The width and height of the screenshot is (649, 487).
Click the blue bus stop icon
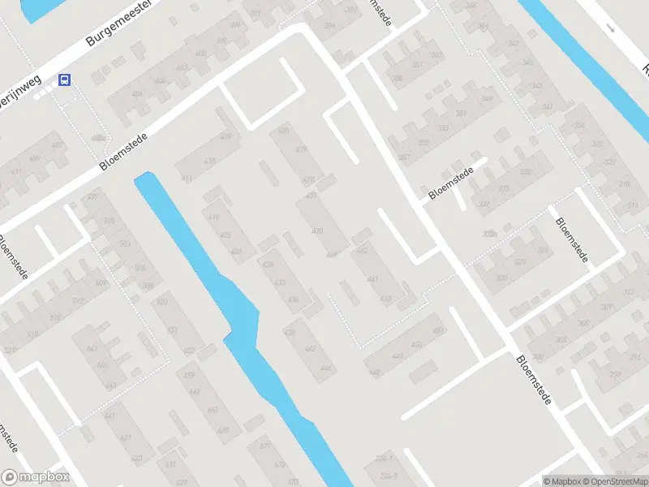(65, 80)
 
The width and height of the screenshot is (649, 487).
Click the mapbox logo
(35, 477)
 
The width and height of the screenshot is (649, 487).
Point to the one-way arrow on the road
(612, 28)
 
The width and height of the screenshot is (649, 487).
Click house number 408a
(98, 138)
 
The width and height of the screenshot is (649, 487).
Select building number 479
(302, 149)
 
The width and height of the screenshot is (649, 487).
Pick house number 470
(316, 231)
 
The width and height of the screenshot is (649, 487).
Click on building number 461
(373, 279)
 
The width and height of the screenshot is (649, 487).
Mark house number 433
(280, 283)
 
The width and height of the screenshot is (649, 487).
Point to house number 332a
(488, 234)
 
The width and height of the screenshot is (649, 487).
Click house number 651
(172, 330)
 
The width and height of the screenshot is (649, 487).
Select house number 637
(125, 438)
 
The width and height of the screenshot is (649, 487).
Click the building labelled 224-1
(385, 459)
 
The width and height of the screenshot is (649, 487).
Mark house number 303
(560, 340)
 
